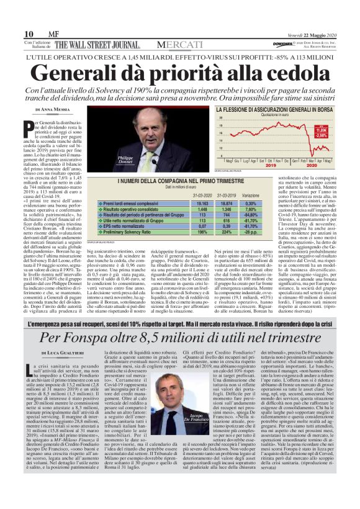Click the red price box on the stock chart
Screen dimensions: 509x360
(320, 132)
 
